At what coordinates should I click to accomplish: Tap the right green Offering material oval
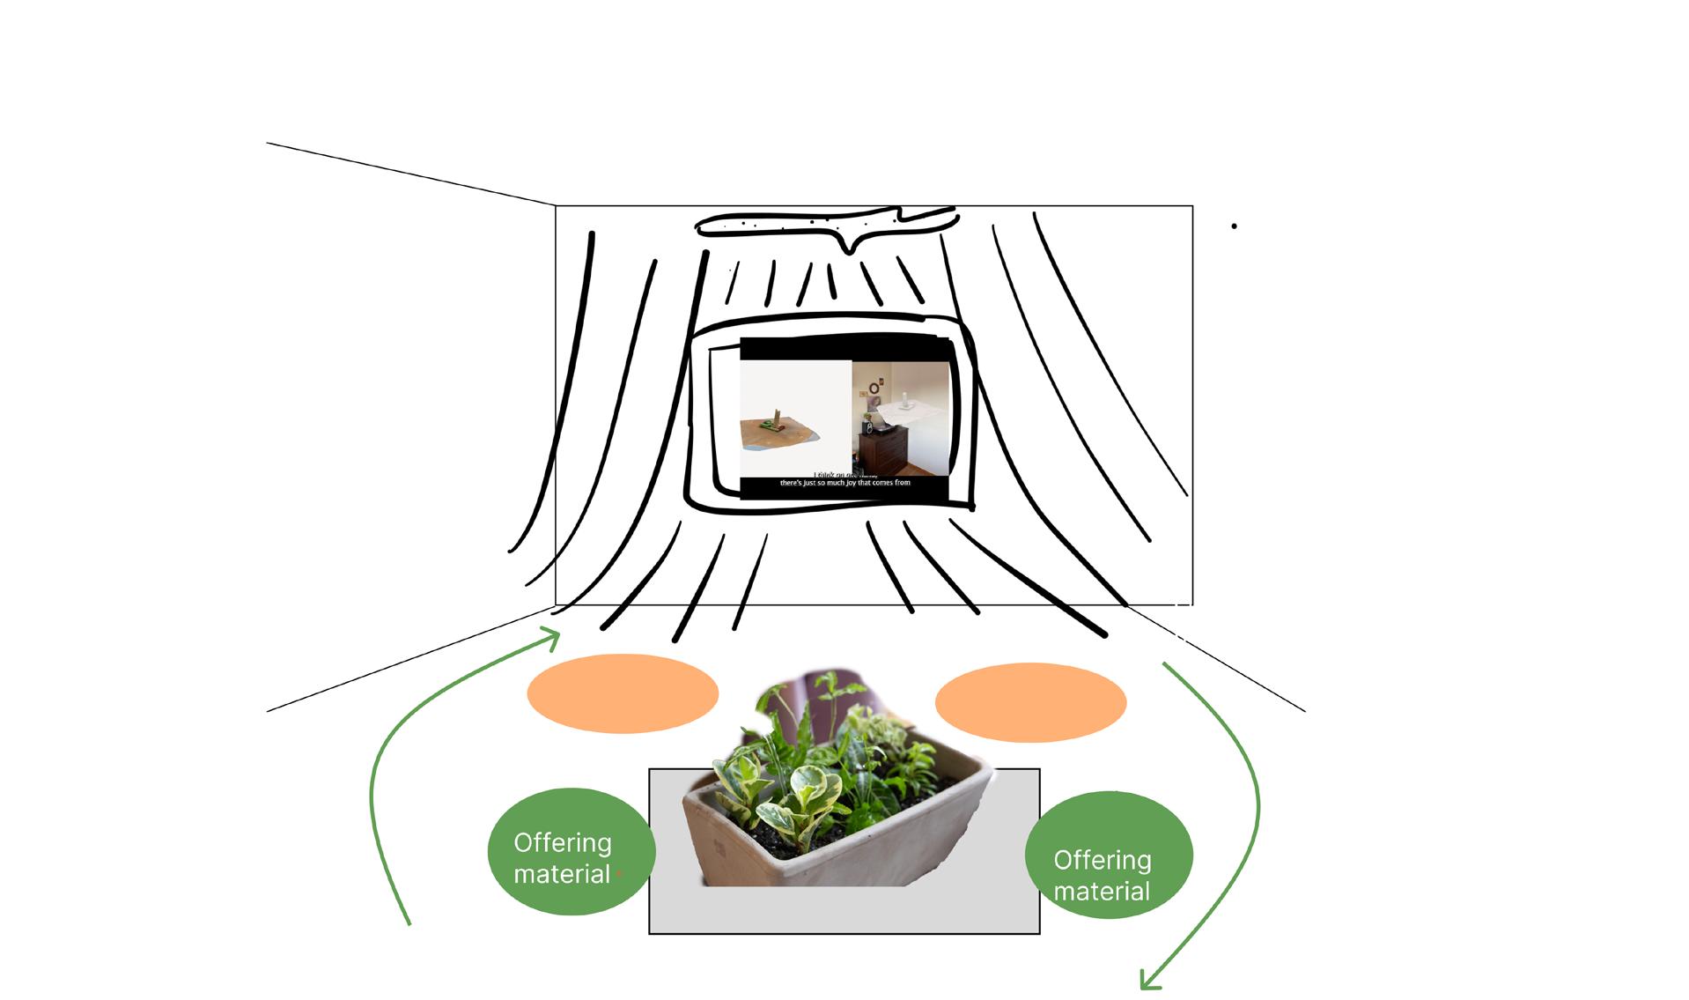(x=1108, y=855)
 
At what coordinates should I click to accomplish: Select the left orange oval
(x=623, y=693)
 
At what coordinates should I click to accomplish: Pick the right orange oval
(x=1029, y=702)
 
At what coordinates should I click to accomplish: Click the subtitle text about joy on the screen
(x=844, y=483)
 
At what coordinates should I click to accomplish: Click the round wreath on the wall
(x=874, y=389)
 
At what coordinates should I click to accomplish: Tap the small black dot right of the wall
(x=1234, y=226)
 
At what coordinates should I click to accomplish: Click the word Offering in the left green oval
(x=562, y=842)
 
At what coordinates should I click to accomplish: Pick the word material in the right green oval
(x=1101, y=892)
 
